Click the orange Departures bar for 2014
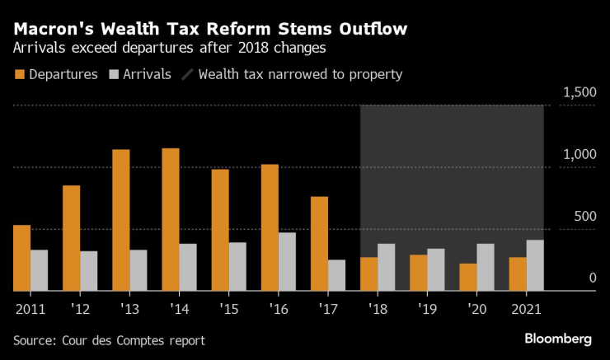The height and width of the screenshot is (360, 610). [x=171, y=219]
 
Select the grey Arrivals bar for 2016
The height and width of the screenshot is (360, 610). [x=287, y=261]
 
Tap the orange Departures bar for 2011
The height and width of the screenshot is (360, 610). [x=22, y=258]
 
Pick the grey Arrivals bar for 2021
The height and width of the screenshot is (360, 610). [x=535, y=265]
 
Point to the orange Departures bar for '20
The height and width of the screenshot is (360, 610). [x=469, y=277]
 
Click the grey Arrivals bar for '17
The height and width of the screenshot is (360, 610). [x=336, y=275]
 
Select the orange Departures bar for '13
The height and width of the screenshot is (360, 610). [x=121, y=220]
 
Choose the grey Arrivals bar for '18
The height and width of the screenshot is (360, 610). [x=386, y=267]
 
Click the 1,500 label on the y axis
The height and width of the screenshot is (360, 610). [x=579, y=93]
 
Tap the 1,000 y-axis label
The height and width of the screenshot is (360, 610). [x=579, y=155]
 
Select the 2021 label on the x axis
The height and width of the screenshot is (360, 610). [x=528, y=309]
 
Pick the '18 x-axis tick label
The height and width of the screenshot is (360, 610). [x=378, y=309]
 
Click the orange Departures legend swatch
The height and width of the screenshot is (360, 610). [x=20, y=74]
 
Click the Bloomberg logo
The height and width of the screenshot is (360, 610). [x=558, y=339]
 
